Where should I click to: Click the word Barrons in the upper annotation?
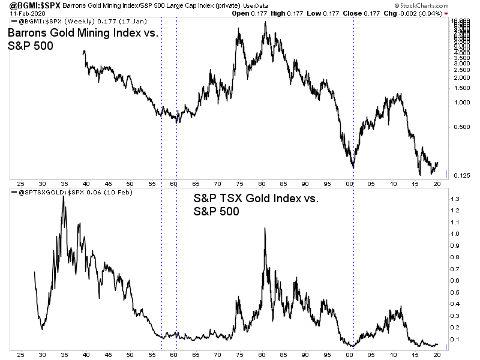[30, 35]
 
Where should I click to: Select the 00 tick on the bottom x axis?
[353, 353]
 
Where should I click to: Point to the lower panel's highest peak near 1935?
[64, 197]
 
